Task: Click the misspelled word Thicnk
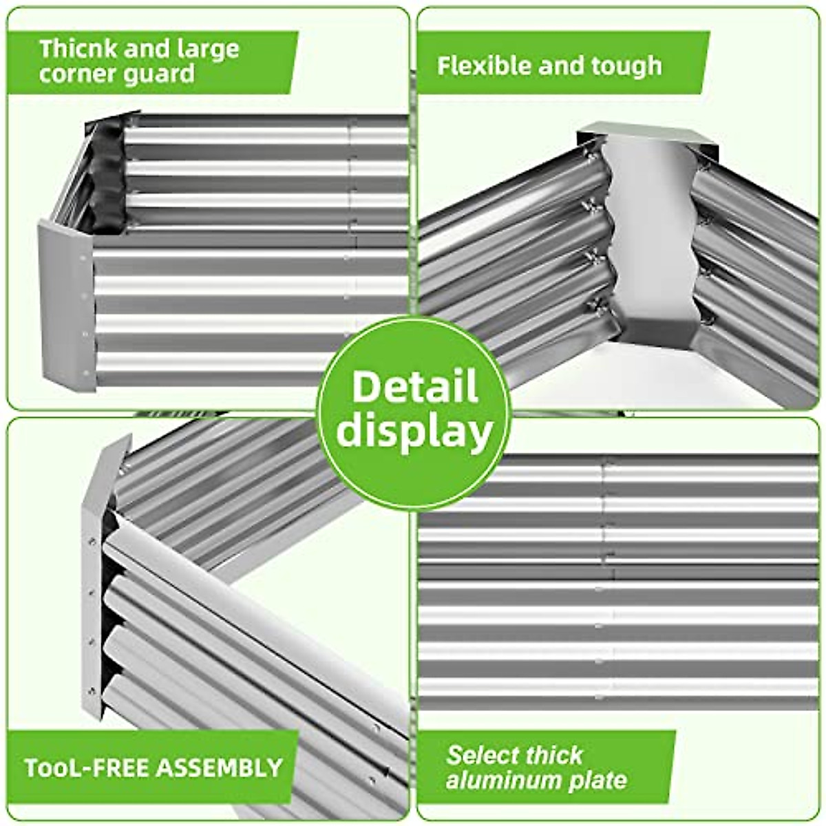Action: click(x=72, y=49)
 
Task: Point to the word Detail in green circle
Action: click(x=414, y=387)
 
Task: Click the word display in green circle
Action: click(x=414, y=432)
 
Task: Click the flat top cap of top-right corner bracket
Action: click(x=647, y=134)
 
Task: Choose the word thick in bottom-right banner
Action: click(x=551, y=755)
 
